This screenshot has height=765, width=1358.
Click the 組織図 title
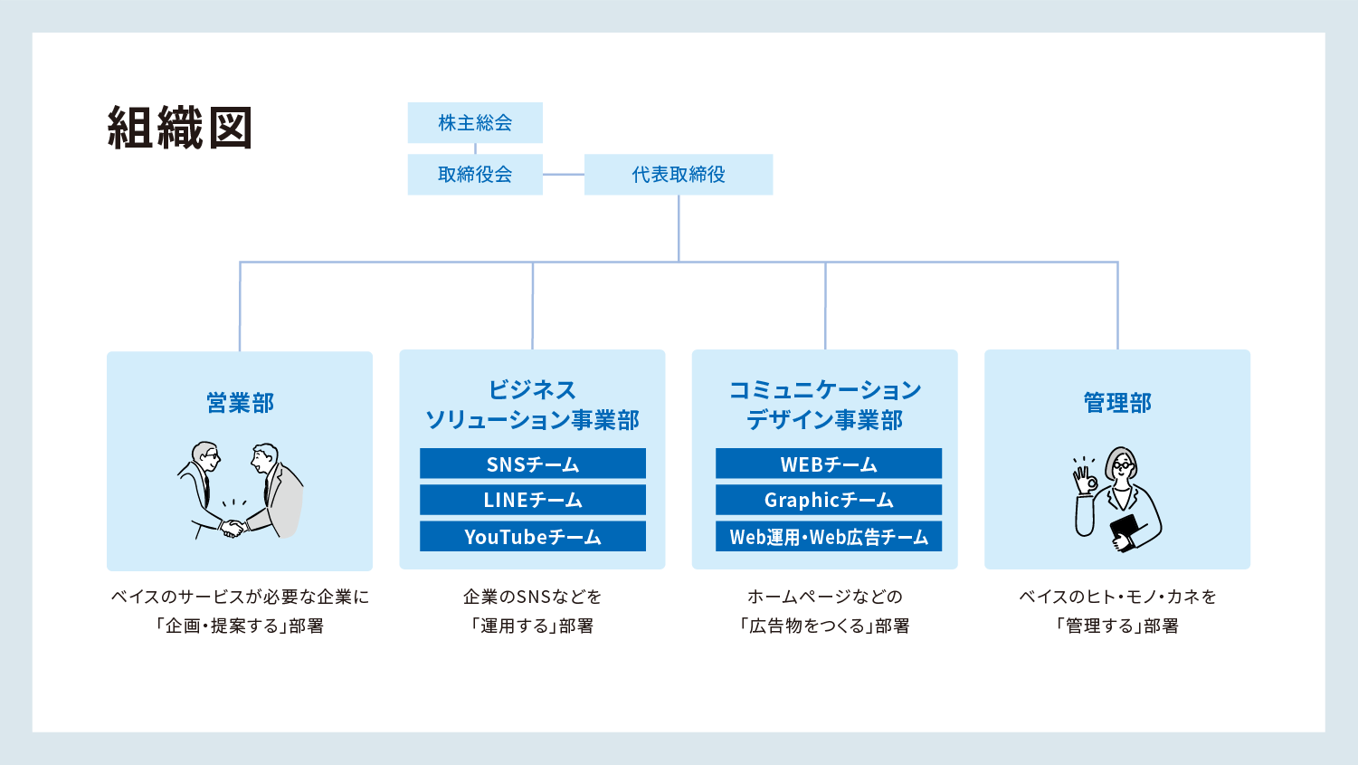[x=180, y=128]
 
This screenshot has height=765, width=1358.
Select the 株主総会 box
[x=475, y=122]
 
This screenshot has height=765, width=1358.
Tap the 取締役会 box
[x=475, y=174]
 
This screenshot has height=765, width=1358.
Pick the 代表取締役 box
[x=679, y=174]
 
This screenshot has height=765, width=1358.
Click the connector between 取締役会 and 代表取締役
[x=564, y=174]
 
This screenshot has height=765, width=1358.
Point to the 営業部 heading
[x=240, y=403]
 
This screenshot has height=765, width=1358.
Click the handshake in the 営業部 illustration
[x=233, y=528]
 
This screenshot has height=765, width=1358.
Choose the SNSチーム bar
[x=533, y=464]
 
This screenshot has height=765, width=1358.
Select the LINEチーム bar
[x=533, y=499]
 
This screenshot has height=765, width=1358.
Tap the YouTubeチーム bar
[x=533, y=536]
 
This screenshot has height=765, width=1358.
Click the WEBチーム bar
[x=829, y=464]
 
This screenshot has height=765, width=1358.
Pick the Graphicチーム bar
[x=829, y=499]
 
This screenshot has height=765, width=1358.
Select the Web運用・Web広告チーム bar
[x=829, y=536]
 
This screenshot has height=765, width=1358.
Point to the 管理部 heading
[x=1117, y=403]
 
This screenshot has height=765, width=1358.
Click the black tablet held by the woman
[x=1125, y=531]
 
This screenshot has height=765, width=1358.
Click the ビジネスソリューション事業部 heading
[x=532, y=405]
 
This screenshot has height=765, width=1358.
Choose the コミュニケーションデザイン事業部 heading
[x=825, y=405]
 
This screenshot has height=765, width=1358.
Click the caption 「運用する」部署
[x=532, y=626]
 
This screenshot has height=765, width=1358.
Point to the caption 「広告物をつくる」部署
[x=825, y=626]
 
